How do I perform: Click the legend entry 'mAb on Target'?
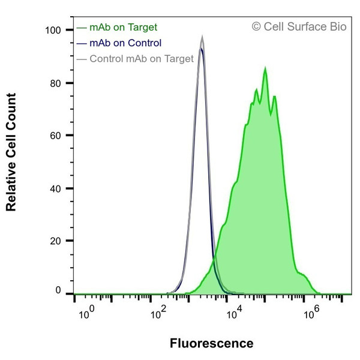tap(123, 27)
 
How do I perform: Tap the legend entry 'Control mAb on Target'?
tap(141, 59)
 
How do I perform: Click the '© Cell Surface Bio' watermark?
tap(299, 26)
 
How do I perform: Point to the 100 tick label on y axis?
tap(54, 30)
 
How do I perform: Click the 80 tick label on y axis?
tap(56, 83)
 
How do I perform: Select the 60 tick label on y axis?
tap(56, 136)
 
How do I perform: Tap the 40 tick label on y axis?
tap(56, 188)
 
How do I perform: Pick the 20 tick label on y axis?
tap(56, 241)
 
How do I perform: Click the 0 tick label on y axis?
tap(59, 291)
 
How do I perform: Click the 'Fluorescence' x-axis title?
tap(212, 344)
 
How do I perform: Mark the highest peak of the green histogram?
tap(265, 69)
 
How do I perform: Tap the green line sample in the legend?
tap(82, 28)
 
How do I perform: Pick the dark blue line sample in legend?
tap(82, 43)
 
